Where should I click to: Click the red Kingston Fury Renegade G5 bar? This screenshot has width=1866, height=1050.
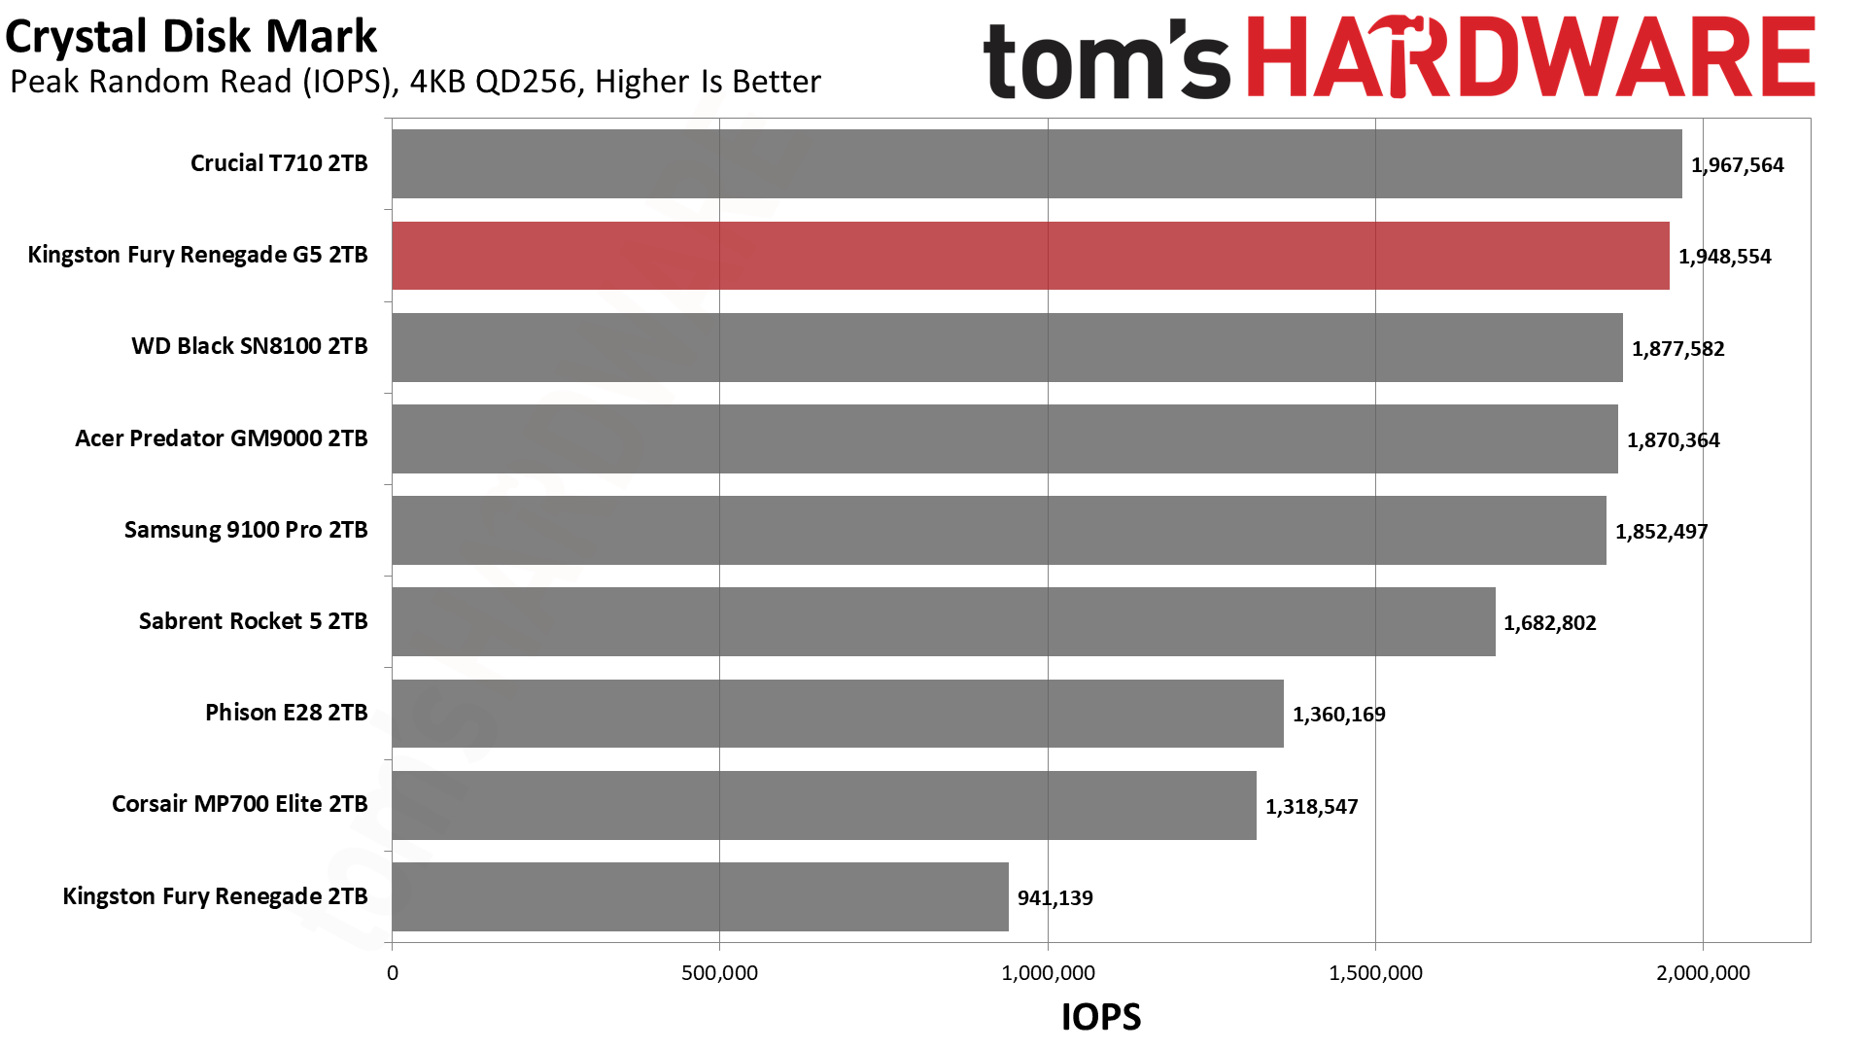click(x=1030, y=256)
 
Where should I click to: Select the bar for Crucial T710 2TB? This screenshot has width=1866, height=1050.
click(x=1036, y=164)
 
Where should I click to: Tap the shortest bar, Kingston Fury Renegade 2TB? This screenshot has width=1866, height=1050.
click(x=700, y=896)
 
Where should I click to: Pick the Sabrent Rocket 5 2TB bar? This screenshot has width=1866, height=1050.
click(x=943, y=622)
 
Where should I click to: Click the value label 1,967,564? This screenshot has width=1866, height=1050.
click(x=1737, y=165)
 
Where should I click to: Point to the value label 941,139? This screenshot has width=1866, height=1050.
click(x=1054, y=898)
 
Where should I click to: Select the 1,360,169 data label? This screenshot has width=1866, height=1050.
click(x=1338, y=715)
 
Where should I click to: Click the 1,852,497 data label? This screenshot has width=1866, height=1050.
click(x=1661, y=532)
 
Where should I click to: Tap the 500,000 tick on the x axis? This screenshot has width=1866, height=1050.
click(x=719, y=973)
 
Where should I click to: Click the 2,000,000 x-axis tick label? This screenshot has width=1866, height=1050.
click(x=1703, y=973)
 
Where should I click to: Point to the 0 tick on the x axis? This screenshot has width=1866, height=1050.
click(x=393, y=973)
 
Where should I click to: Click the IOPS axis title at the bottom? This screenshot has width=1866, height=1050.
click(x=1100, y=1017)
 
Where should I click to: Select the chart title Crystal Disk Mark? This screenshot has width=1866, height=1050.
click(x=190, y=37)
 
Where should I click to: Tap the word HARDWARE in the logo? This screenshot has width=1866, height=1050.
click(x=1530, y=58)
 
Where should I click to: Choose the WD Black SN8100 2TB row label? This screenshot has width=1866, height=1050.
click(x=250, y=346)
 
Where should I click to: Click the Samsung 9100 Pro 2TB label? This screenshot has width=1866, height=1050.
click(x=246, y=530)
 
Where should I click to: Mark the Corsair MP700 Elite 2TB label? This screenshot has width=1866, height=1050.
click(x=239, y=804)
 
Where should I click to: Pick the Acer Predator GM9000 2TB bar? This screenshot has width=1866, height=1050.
click(x=1005, y=439)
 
